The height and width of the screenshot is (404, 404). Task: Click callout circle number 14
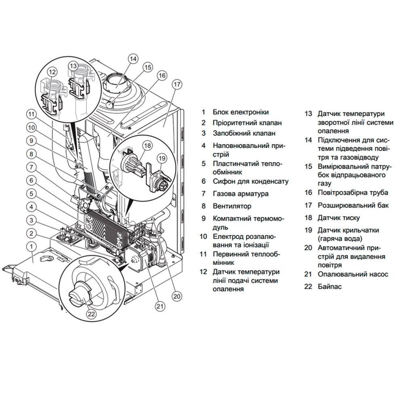[133, 59]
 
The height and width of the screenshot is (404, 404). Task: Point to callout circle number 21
[160, 306]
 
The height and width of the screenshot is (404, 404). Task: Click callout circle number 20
[176, 296]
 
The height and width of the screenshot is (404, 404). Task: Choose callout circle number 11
[32, 114]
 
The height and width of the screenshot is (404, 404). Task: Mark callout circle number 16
[162, 75]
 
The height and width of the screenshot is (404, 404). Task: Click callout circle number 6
[32, 180]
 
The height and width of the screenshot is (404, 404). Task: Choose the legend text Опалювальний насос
[353, 274]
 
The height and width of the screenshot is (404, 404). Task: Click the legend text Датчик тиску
[339, 218]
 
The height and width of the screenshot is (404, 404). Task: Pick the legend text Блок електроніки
[240, 112]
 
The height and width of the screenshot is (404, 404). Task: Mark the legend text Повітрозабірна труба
[353, 193]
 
